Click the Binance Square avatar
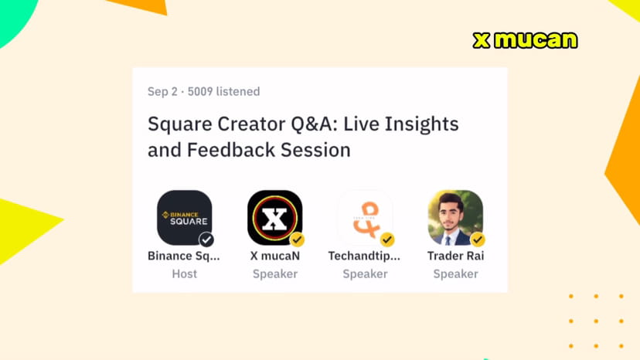click(184, 217)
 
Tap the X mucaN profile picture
click(274, 217)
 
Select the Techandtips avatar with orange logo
click(365, 217)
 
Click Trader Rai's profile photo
click(455, 217)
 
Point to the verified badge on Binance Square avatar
click(206, 239)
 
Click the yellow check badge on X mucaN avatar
click(297, 239)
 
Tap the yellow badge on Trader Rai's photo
click(478, 239)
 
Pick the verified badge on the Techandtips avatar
click(387, 239)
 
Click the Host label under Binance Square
click(184, 274)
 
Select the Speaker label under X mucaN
click(274, 274)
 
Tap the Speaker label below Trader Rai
click(455, 274)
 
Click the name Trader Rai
click(455, 256)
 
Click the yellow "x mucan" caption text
click(525, 40)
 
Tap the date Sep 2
click(162, 92)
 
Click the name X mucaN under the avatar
click(274, 256)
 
